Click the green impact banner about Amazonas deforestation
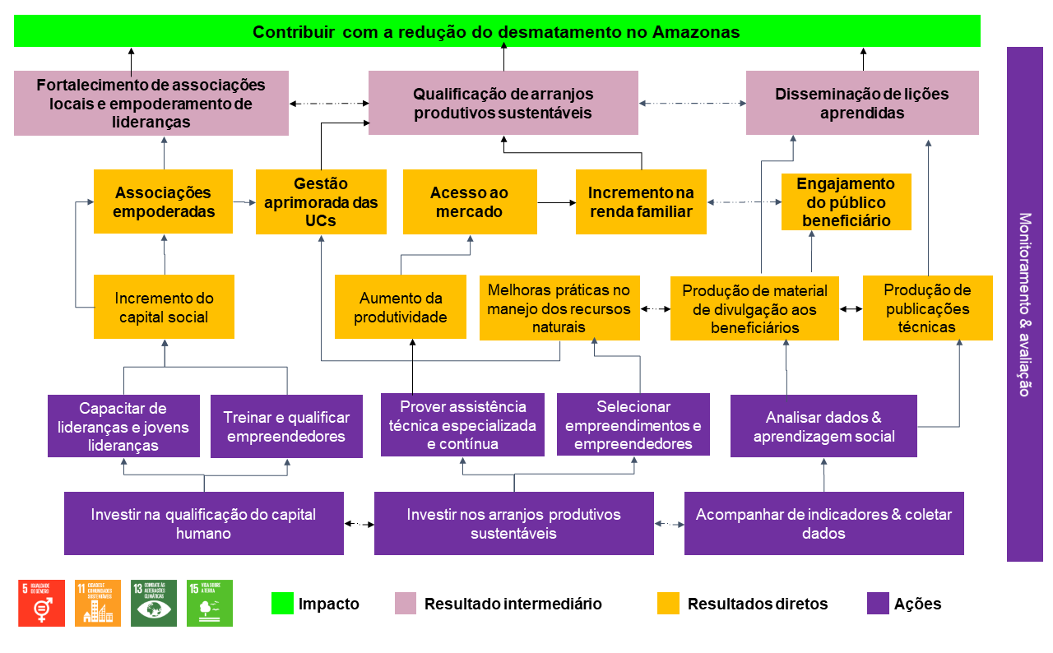[x=497, y=31]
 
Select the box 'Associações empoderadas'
[x=163, y=201]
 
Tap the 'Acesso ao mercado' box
[x=470, y=201]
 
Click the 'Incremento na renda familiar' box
[x=641, y=201]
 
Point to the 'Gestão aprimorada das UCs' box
[x=321, y=201]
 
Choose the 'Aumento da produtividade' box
[x=401, y=307]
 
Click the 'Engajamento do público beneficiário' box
[x=846, y=201]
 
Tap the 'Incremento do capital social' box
[x=164, y=307]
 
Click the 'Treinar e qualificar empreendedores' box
[x=286, y=427]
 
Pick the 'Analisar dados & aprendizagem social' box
[x=823, y=426]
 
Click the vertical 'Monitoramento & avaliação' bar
[x=1024, y=304]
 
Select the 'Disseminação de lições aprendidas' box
[x=862, y=103]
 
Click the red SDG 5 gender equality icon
[x=41, y=603]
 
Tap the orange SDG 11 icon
[x=98, y=603]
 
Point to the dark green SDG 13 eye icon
[x=154, y=603]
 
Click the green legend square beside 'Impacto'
[x=282, y=604]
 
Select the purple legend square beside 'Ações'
[x=878, y=604]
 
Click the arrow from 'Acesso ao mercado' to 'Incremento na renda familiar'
[x=556, y=201]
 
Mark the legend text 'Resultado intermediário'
[x=513, y=604]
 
